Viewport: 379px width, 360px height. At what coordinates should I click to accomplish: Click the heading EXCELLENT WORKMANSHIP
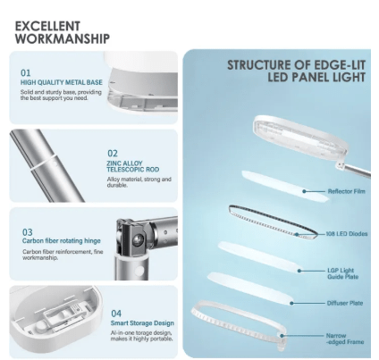pos(63,32)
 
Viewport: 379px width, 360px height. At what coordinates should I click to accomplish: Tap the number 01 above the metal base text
pos(26,73)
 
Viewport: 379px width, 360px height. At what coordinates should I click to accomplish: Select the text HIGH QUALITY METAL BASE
pos(62,82)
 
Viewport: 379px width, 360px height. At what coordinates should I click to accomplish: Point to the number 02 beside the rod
pos(113,154)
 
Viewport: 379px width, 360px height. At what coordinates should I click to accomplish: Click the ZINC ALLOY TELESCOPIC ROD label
pos(133,166)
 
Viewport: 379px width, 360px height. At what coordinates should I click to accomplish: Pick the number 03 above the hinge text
pos(28,232)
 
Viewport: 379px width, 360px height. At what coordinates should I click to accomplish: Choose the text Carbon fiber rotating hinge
pos(62,241)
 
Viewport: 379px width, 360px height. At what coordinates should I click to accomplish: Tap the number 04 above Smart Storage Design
pos(116,314)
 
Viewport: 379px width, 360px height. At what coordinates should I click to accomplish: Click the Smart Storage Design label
pos(142,323)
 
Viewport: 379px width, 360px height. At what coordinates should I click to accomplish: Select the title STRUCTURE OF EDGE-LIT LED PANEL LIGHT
pos(296,71)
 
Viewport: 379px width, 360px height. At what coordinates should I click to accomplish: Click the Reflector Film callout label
pos(346,191)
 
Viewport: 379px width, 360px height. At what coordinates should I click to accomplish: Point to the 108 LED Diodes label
pos(347,234)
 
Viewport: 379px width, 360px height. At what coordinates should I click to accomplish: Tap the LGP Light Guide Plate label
pos(342,273)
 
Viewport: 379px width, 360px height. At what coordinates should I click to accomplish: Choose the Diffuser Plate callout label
pos(345,303)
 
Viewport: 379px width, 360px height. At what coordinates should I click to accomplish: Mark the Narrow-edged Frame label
pos(345,339)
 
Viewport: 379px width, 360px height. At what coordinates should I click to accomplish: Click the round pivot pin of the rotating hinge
pos(137,239)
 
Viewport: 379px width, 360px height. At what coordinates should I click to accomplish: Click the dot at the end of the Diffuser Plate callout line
pos(292,303)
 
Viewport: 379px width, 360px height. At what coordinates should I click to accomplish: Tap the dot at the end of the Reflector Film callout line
pos(304,191)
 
